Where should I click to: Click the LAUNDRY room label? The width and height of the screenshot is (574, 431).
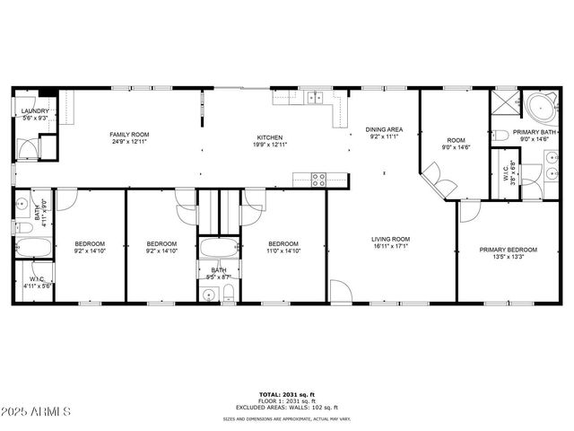[35, 111]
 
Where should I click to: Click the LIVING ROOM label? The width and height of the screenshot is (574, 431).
[390, 239]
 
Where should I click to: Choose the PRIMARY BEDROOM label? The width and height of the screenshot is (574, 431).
[508, 250]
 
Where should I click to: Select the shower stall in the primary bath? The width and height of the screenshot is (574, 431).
[504, 102]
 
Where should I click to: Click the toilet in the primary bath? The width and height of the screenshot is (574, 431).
[500, 136]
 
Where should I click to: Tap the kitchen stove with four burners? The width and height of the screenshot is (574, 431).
[318, 178]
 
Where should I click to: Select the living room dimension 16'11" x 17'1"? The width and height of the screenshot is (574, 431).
[390, 246]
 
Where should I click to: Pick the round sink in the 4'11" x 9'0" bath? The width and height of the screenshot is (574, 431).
[21, 203]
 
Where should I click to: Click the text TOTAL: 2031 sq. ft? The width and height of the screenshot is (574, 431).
[287, 394]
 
